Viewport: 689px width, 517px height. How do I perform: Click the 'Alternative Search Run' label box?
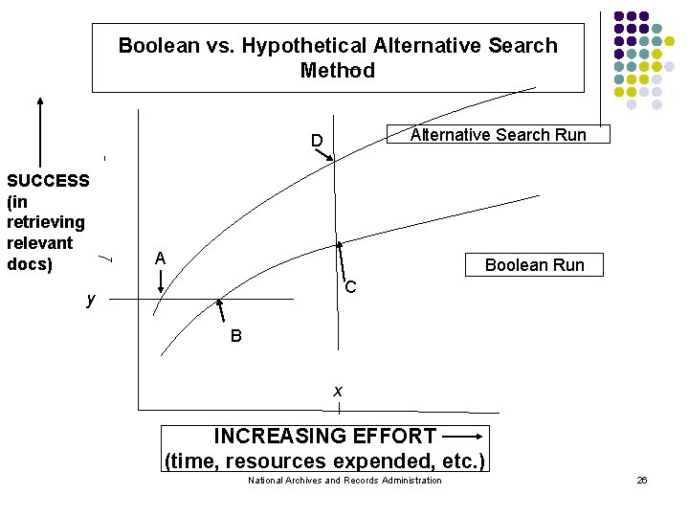tap(498, 135)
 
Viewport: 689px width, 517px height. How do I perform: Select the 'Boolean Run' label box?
tap(534, 264)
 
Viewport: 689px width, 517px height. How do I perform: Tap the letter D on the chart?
tap(316, 143)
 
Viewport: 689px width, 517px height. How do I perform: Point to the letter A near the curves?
tap(161, 258)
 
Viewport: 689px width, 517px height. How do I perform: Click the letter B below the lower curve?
tap(235, 336)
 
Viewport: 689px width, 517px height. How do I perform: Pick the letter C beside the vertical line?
tap(351, 287)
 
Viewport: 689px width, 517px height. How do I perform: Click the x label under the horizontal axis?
tap(338, 391)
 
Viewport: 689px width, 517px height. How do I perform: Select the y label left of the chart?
tap(90, 300)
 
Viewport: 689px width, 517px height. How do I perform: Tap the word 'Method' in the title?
tap(338, 71)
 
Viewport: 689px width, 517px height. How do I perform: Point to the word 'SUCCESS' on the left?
tap(48, 180)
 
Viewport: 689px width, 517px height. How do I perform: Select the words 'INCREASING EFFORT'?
tap(325, 437)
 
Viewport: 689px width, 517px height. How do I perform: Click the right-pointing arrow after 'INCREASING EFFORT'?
tap(463, 437)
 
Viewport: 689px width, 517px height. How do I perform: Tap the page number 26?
tap(642, 480)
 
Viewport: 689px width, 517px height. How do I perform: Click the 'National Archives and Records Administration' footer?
tap(344, 480)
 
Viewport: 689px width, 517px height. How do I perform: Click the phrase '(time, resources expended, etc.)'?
tap(325, 461)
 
